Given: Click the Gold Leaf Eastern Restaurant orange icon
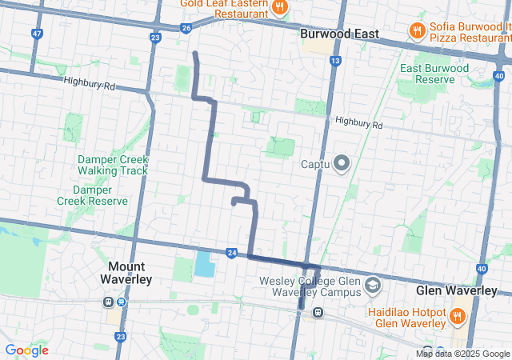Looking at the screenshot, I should pos(279,8).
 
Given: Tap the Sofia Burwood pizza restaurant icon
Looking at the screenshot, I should pos(417,31).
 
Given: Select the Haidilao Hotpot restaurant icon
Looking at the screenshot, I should pos(457,316).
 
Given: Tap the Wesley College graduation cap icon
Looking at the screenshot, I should pos(372,286).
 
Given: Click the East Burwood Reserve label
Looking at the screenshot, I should pos(434,74).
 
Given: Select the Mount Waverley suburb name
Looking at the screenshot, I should pos(122,273).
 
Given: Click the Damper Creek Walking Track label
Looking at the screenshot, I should pos(113,165).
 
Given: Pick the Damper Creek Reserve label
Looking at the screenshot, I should pos(101,196).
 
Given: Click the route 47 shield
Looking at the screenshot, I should pos(37,34).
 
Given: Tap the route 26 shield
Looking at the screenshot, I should pos(186,28).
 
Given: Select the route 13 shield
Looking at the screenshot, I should pos(334,61).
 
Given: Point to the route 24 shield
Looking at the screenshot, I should pos(231,252).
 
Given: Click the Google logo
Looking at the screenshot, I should pos(26,350).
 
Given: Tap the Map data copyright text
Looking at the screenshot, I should pos(462,354).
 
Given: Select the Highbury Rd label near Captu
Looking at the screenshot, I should pos(359,124).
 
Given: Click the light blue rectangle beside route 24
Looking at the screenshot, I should pos(205,264).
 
